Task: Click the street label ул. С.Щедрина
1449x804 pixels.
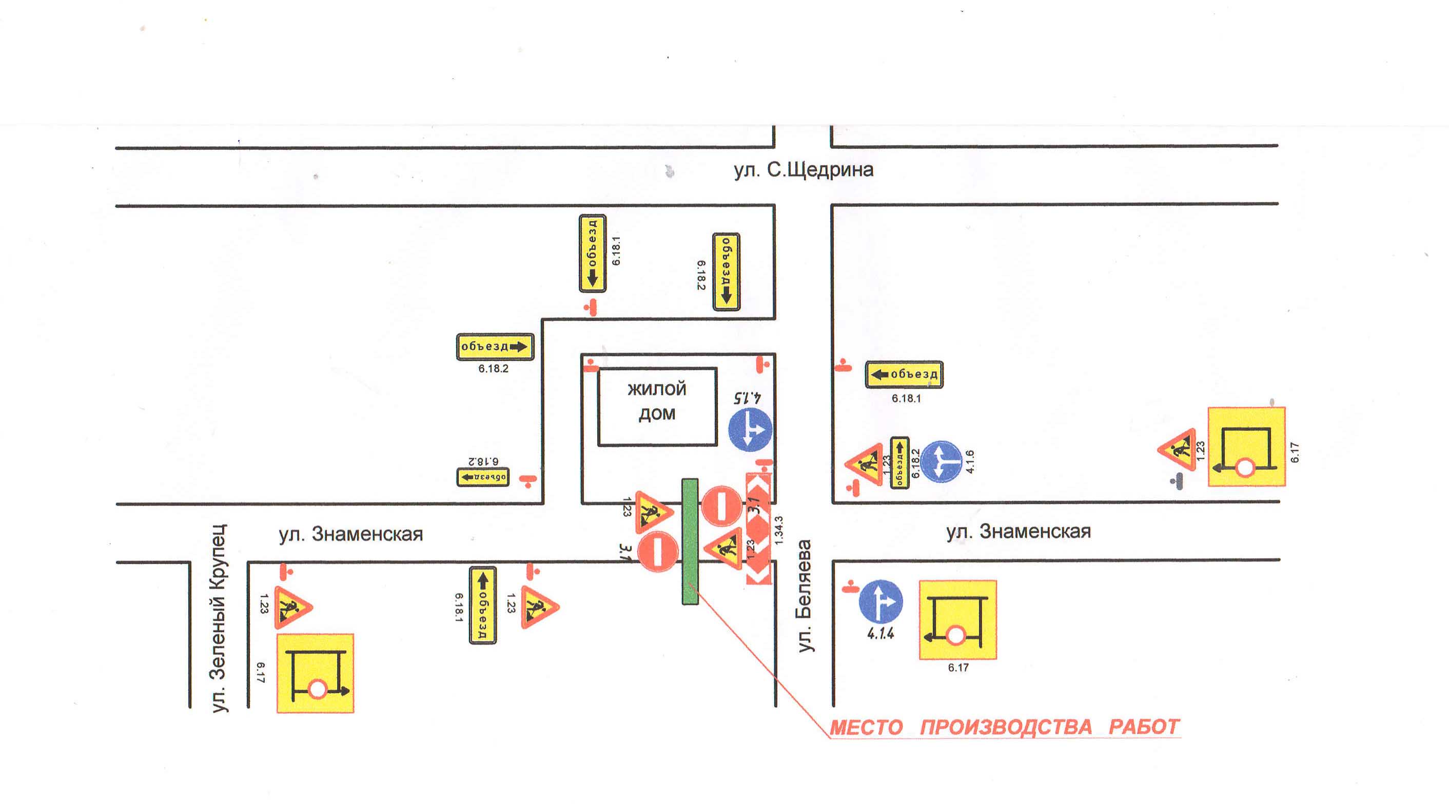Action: click(x=803, y=170)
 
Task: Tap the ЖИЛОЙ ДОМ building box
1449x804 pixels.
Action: click(x=657, y=407)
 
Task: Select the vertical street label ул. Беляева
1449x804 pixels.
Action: click(x=805, y=596)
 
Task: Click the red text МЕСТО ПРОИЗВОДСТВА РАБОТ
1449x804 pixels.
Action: click(x=1004, y=727)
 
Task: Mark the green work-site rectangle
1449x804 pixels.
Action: click(x=690, y=541)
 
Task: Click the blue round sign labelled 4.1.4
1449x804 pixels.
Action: click(x=880, y=601)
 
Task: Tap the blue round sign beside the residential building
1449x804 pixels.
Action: click(x=750, y=430)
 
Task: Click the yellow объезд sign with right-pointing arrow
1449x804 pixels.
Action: click(x=495, y=346)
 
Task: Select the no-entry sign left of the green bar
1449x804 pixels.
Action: click(x=658, y=551)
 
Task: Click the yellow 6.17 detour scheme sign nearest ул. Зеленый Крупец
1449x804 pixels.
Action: click(x=315, y=673)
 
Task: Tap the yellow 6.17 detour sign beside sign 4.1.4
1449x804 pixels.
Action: click(x=957, y=619)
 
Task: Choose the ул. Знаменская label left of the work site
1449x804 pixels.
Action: click(x=350, y=534)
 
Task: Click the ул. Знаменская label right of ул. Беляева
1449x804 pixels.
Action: click(x=1018, y=531)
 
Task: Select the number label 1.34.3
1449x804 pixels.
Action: click(x=779, y=530)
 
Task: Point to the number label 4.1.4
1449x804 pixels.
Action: click(x=880, y=634)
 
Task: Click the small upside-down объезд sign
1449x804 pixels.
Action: click(x=482, y=477)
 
